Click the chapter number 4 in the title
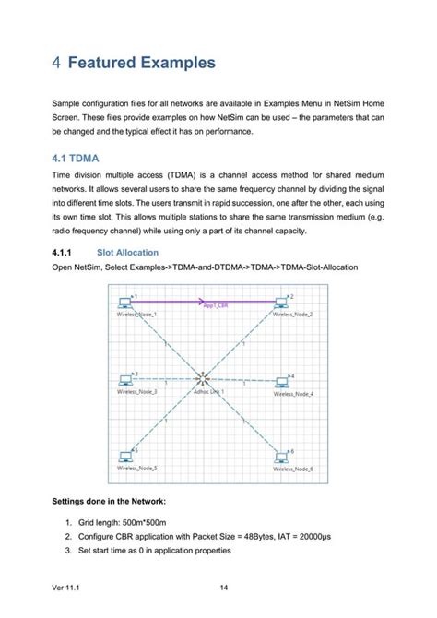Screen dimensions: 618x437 [57, 64]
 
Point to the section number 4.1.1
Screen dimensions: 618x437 [62, 252]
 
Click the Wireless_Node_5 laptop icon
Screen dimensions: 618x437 [124, 456]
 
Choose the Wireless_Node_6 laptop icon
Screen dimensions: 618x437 [281, 457]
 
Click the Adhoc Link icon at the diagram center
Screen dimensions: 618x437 [203, 379]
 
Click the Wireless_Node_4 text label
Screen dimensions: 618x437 [293, 394]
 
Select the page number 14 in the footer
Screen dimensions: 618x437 [224, 588]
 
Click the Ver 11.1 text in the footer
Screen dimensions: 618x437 [67, 588]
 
